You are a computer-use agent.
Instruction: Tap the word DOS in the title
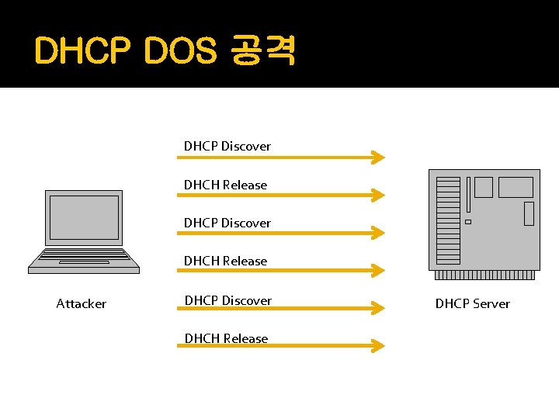tap(179, 52)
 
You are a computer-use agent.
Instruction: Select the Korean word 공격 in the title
tap(262, 52)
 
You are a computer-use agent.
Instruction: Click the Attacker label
tap(81, 303)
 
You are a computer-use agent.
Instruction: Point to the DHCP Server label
tap(472, 303)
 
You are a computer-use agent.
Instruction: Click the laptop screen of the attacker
tap(84, 217)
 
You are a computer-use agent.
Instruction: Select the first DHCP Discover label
tap(227, 146)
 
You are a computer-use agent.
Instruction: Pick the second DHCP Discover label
tap(227, 223)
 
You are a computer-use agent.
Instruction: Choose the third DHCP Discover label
tap(227, 300)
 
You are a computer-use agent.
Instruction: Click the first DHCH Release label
tap(225, 185)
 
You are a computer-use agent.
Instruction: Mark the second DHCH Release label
tap(225, 261)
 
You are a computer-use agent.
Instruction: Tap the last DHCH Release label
tap(225, 338)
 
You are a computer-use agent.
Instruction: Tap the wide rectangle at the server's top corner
tap(516, 187)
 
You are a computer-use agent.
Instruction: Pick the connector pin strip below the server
tap(485, 275)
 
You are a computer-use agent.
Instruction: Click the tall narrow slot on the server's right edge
tap(529, 213)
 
